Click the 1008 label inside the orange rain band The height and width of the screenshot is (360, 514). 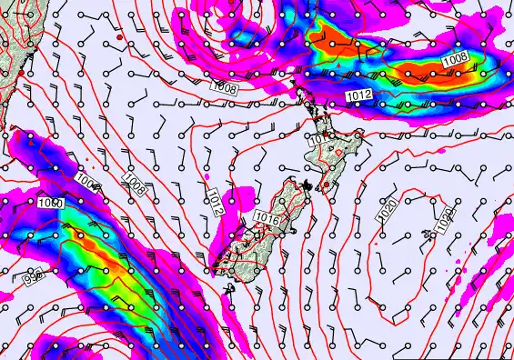(455, 59)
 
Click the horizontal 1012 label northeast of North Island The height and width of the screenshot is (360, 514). (358, 95)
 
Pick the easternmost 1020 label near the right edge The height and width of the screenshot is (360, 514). (446, 218)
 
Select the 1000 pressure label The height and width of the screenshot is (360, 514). (51, 202)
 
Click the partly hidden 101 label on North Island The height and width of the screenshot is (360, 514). (315, 140)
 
